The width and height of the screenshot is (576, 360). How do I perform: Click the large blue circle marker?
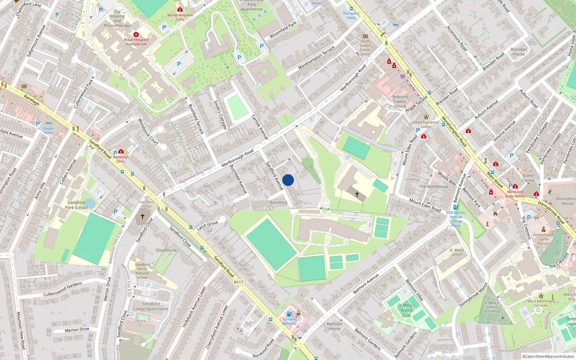point(288,180)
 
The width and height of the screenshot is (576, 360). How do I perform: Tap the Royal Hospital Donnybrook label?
point(136,42)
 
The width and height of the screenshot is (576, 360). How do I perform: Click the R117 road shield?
point(238,282)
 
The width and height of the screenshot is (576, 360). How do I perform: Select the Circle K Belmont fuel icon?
point(289,314)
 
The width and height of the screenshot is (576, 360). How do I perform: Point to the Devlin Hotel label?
point(48,130)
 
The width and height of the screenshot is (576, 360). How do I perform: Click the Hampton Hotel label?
point(351,15)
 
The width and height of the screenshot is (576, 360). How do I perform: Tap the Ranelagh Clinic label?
point(121,159)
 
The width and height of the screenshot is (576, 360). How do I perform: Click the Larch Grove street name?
point(207,226)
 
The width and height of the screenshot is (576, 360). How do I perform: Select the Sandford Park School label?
point(76,205)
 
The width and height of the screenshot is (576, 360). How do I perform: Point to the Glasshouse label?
point(166,250)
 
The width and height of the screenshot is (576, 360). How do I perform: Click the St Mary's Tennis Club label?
point(406,310)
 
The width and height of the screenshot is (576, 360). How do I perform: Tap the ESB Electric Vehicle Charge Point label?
point(456,219)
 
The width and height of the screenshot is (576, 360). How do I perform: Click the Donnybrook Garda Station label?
point(544,239)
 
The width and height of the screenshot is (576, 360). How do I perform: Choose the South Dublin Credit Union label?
point(365,48)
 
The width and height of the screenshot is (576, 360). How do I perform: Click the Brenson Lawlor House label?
point(400,102)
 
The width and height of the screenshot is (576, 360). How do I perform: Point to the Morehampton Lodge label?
point(426,124)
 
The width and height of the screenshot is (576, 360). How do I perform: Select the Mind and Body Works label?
point(515,194)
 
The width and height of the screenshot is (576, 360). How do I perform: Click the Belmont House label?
point(334,326)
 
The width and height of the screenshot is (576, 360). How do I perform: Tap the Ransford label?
point(279,202)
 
